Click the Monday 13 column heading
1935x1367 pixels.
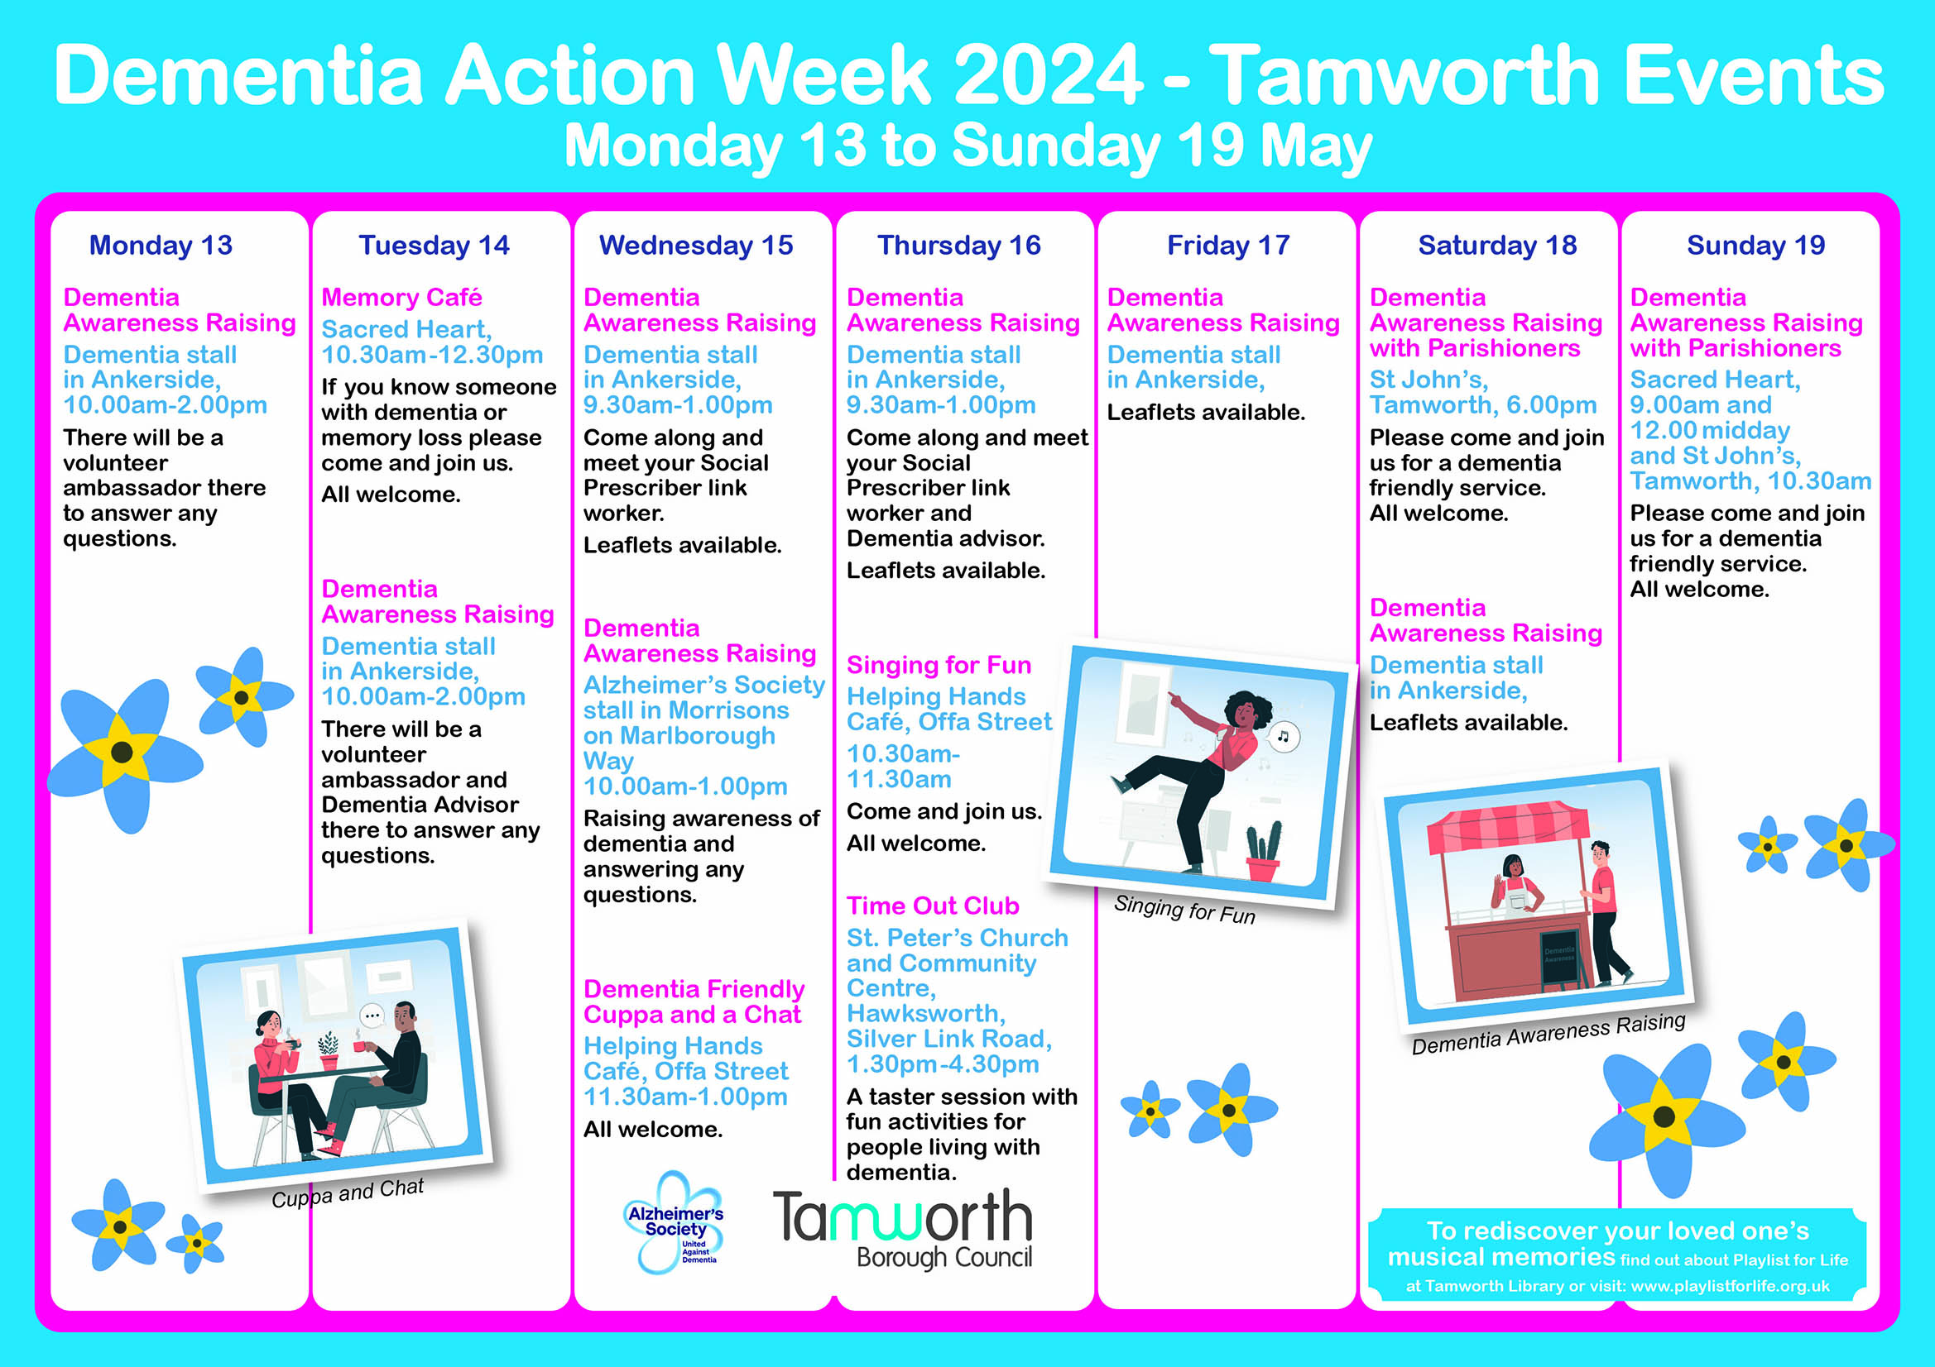[160, 245]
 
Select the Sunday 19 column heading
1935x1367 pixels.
[1755, 245]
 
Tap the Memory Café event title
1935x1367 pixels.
[401, 298]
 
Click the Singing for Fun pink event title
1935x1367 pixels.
[939, 666]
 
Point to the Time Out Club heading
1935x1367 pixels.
[933, 906]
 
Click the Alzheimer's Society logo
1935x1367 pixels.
[675, 1221]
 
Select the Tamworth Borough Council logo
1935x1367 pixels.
[903, 1228]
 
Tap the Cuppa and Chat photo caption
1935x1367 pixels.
[348, 1193]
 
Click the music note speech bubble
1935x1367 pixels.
[1283, 736]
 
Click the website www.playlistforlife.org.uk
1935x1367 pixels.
[1731, 1286]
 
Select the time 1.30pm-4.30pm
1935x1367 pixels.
[943, 1064]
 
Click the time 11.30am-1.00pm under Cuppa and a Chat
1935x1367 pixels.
[685, 1097]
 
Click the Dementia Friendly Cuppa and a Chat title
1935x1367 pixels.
[694, 1001]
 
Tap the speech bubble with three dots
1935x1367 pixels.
[372, 1016]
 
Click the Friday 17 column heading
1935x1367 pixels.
[1228, 245]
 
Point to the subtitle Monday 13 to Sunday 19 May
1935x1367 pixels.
[967, 146]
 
